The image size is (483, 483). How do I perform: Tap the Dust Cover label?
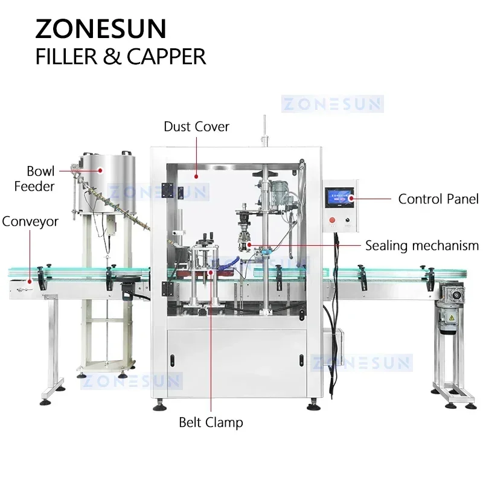click(197, 127)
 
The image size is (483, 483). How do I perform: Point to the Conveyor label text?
click(30, 222)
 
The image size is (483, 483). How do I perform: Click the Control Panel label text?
click(438, 199)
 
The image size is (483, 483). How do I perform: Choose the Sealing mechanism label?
click(421, 246)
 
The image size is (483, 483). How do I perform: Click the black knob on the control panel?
click(349, 222)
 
